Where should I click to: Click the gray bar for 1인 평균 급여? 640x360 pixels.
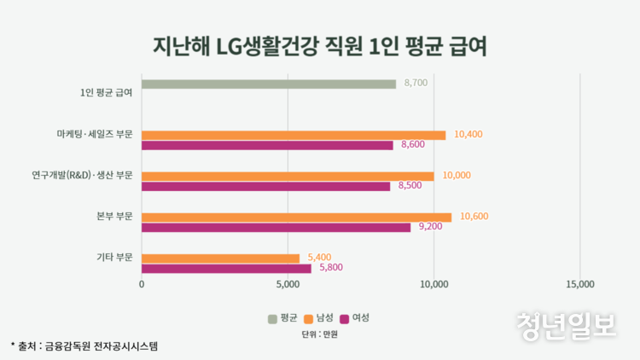[x=269, y=84]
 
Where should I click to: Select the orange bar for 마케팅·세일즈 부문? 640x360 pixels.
[x=294, y=135]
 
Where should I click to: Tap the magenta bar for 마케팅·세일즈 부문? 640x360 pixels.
[x=267, y=145]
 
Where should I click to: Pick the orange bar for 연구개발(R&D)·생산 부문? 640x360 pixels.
[x=288, y=176]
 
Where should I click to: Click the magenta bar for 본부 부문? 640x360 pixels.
[x=276, y=227]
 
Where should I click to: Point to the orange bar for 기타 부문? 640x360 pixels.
[x=220, y=258]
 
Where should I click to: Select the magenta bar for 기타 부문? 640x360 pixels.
[x=226, y=268]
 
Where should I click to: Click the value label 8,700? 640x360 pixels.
[x=416, y=84]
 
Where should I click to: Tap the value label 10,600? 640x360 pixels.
[x=474, y=217]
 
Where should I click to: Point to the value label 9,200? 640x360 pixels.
[x=430, y=227]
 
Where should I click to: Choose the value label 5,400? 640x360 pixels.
[x=318, y=258]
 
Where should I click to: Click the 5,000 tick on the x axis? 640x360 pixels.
[x=288, y=285]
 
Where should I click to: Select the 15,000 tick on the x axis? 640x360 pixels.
[x=579, y=285]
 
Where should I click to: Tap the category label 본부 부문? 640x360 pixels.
[x=113, y=217]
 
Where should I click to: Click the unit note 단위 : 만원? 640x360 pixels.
[x=320, y=334]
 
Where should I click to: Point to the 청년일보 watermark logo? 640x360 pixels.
[x=566, y=325]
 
